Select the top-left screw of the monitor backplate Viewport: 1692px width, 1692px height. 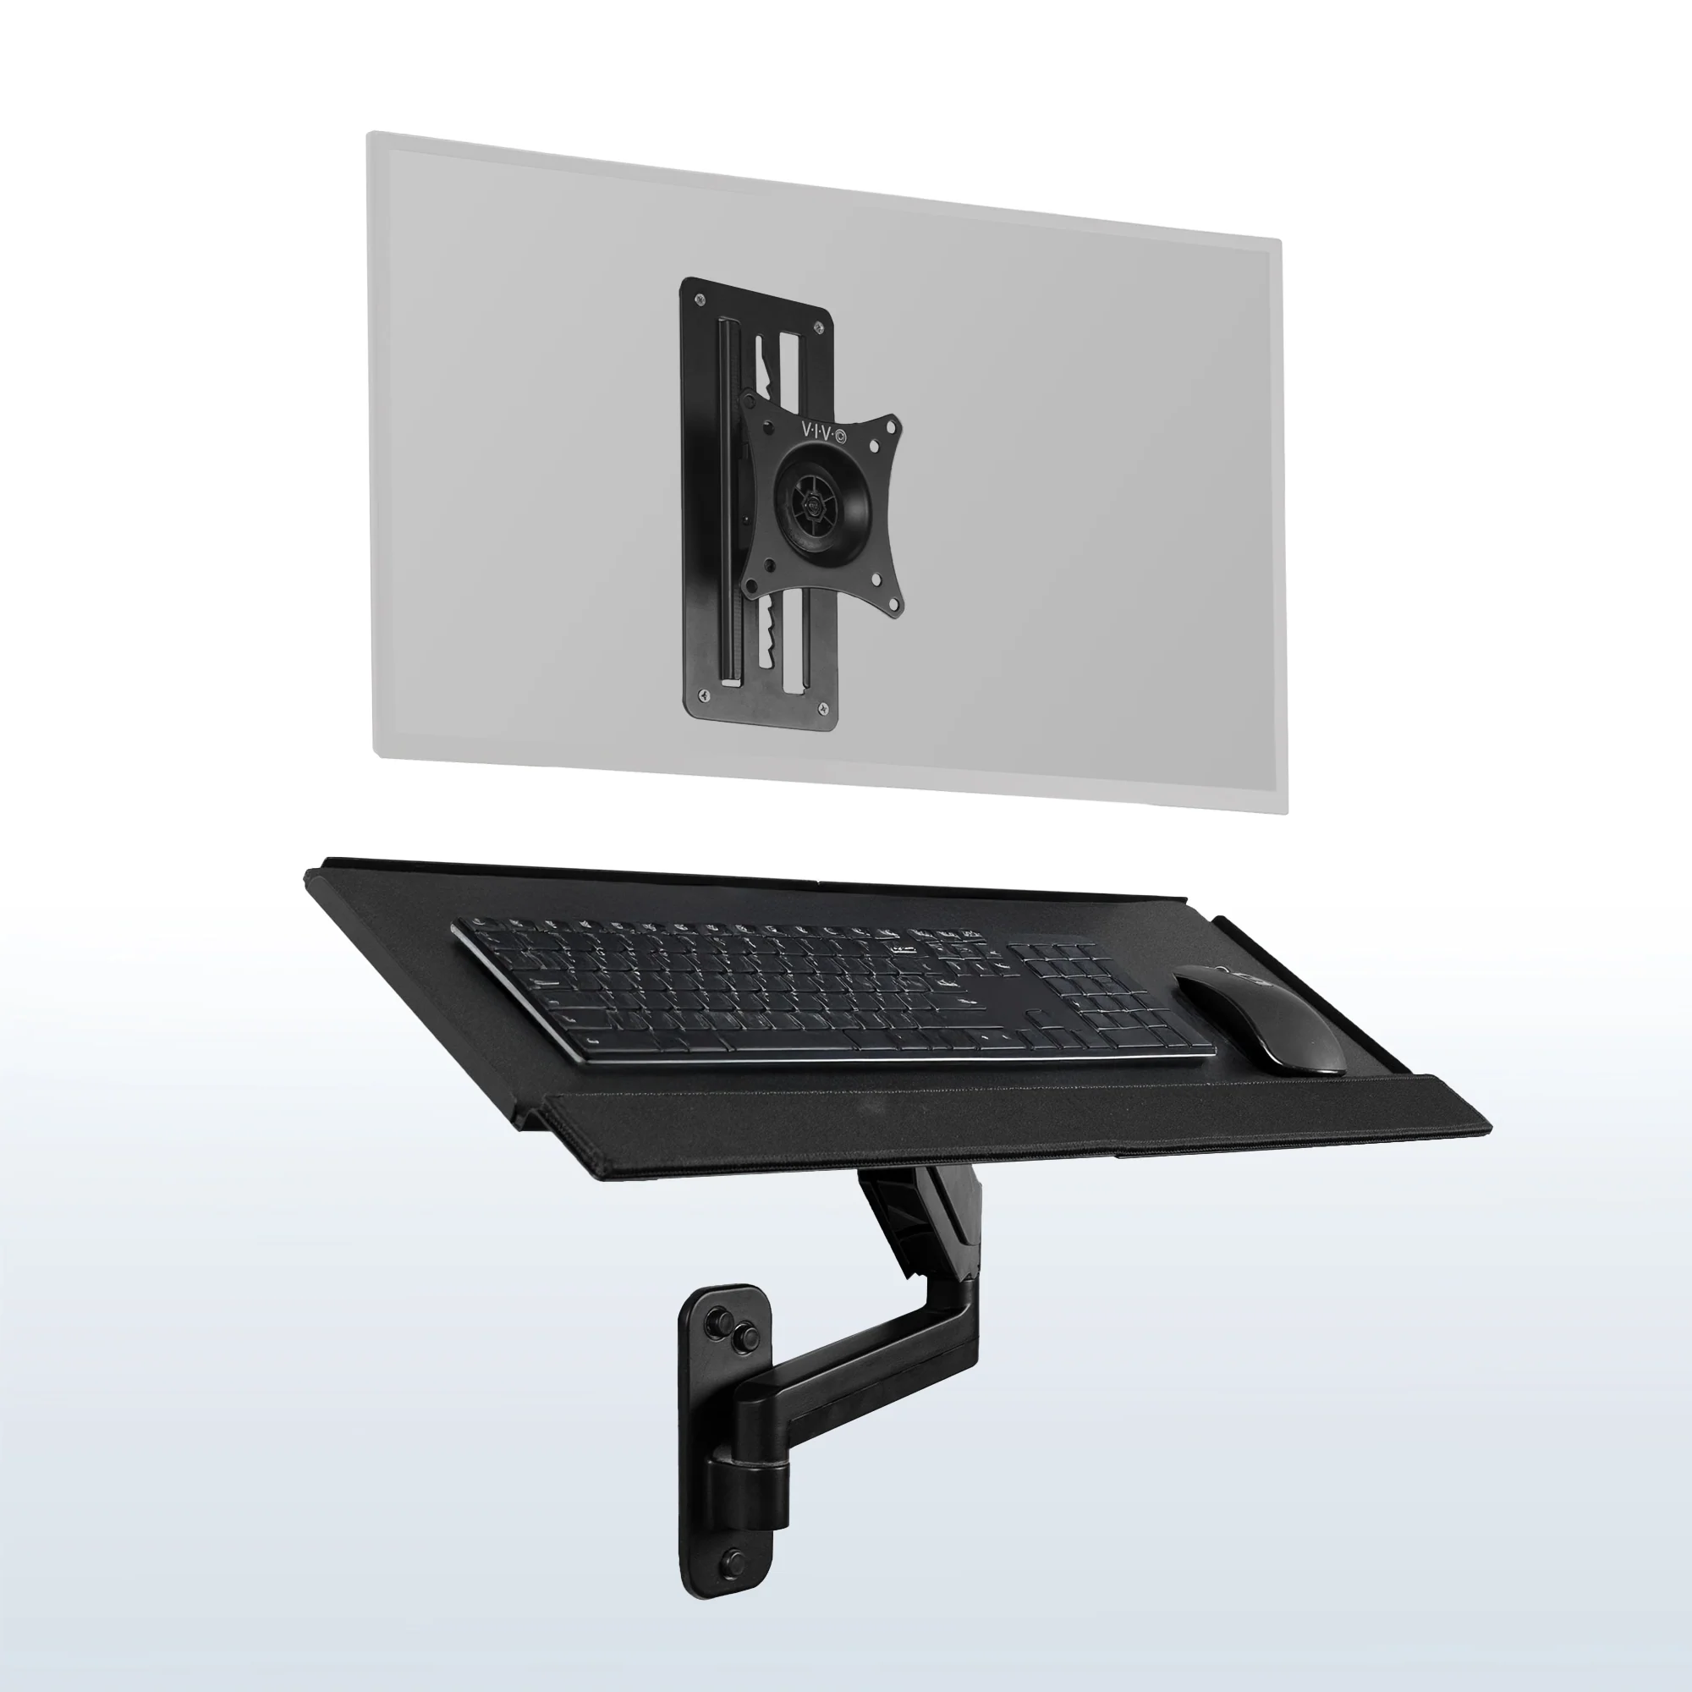pos(700,300)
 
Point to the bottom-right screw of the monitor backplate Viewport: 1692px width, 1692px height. pos(822,705)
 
